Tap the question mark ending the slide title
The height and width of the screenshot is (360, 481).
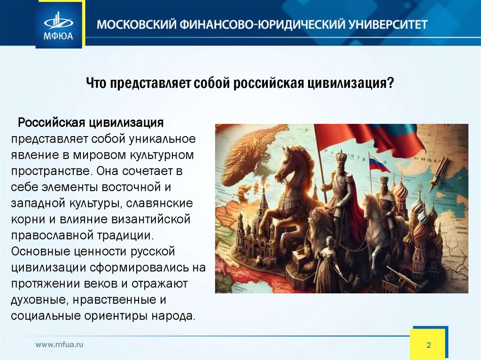tap(390, 84)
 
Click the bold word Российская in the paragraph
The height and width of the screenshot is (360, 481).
tap(51, 123)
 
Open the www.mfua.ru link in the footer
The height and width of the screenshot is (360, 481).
tap(60, 345)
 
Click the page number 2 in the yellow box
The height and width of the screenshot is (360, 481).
tap(428, 345)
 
